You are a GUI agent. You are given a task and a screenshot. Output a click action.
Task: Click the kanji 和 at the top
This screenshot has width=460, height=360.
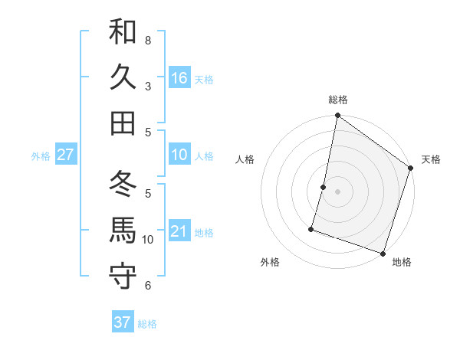click(x=123, y=32)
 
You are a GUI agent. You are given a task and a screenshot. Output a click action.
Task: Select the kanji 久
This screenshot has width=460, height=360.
click(x=123, y=77)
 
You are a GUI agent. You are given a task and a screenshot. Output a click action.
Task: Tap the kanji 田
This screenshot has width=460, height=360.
click(x=123, y=123)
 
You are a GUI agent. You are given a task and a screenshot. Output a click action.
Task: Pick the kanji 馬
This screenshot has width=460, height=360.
click(x=123, y=231)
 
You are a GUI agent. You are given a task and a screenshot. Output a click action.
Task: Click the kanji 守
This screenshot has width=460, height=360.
click(x=123, y=276)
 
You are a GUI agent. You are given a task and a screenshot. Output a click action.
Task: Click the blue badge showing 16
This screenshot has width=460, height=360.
click(x=179, y=78)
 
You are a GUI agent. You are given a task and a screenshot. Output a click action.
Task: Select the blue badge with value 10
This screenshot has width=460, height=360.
click(x=179, y=155)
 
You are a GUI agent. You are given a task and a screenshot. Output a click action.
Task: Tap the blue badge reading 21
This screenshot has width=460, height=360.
click(x=179, y=231)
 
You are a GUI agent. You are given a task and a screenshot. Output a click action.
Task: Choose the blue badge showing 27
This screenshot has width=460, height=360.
click(x=65, y=155)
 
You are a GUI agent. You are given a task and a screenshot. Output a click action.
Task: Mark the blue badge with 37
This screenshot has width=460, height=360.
click(x=122, y=322)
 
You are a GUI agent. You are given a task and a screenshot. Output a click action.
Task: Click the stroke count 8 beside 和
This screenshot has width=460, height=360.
click(x=148, y=40)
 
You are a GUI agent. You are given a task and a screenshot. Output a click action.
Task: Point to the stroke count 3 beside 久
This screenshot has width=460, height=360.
click(x=148, y=86)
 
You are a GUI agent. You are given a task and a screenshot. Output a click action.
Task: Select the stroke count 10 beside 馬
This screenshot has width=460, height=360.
click(x=148, y=239)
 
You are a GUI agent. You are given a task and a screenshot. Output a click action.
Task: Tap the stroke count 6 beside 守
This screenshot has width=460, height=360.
click(x=148, y=285)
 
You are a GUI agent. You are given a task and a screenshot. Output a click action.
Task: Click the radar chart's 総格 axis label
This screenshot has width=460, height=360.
click(x=337, y=100)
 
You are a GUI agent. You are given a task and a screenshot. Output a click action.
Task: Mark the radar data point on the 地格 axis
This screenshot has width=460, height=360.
click(x=383, y=253)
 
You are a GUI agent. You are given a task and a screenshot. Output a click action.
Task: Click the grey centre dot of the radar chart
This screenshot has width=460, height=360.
click(x=337, y=191)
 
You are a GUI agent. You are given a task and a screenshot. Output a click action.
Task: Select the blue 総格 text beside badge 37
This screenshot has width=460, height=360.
click(x=147, y=324)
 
